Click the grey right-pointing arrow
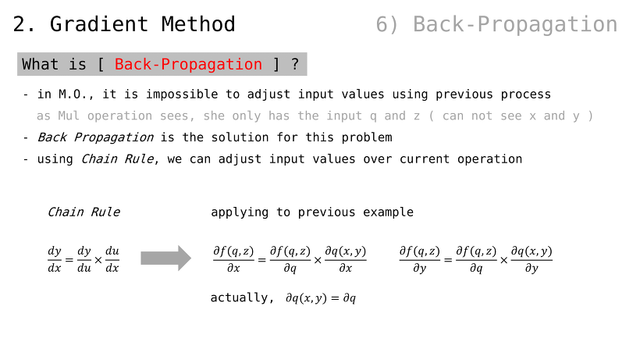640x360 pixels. pyautogui.click(x=165, y=258)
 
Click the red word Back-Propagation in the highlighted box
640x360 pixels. pyautogui.click(x=188, y=65)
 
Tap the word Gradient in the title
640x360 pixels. pyautogui.click(x=99, y=24)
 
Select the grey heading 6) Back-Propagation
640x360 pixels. pyautogui.click(x=496, y=24)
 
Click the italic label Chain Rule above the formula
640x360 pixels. pyautogui.click(x=84, y=212)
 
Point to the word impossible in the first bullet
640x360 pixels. pyautogui.click(x=182, y=94)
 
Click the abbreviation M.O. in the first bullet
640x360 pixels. pyautogui.click(x=76, y=94)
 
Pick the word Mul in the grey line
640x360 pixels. pyautogui.click(x=69, y=116)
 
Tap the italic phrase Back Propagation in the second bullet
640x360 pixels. pyautogui.click(x=95, y=137)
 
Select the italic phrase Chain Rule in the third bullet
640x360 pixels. pyautogui.click(x=118, y=159)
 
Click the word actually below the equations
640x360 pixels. pyautogui.click(x=239, y=298)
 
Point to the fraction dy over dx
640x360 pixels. pyautogui.click(x=55, y=259)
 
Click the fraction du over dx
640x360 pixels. pyautogui.click(x=112, y=259)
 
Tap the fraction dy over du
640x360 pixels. pyautogui.click(x=84, y=259)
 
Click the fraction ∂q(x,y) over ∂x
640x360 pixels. pyautogui.click(x=345, y=259)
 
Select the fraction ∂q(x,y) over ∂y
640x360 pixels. pyautogui.click(x=532, y=259)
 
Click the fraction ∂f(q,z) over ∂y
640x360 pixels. pyautogui.click(x=420, y=259)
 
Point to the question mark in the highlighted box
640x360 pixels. pyautogui.click(x=295, y=65)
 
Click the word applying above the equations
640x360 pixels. pyautogui.click(x=240, y=212)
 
